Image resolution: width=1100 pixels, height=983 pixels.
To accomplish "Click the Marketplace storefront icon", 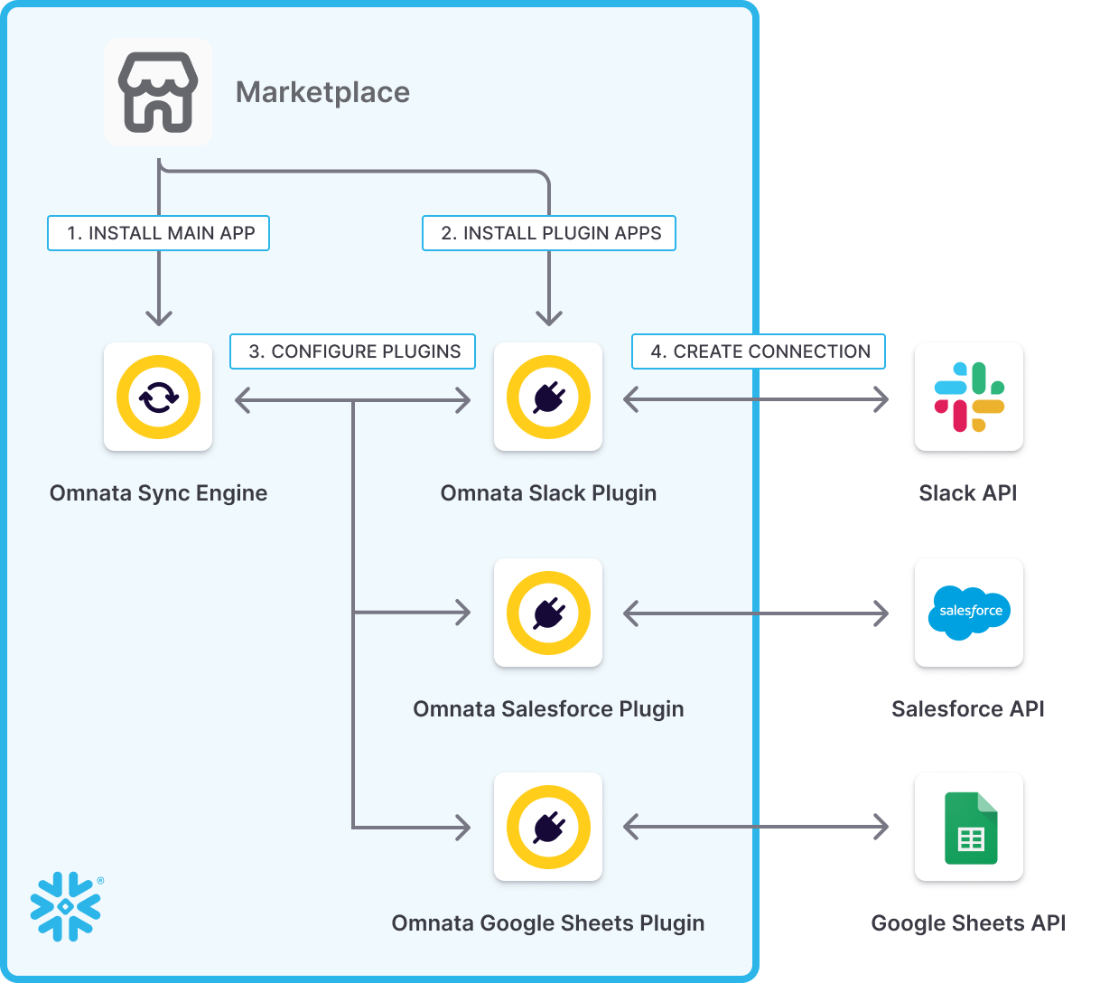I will point(158,92).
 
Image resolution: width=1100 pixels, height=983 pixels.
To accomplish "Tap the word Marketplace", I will point(322,92).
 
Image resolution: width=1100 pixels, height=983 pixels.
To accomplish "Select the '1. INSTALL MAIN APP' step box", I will point(159,233).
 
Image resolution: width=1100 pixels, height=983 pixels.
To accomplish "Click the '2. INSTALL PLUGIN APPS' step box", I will point(549,233).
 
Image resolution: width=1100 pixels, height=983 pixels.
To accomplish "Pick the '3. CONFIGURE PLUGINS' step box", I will point(353,351).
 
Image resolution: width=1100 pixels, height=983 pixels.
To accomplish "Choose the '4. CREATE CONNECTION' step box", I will point(759,351).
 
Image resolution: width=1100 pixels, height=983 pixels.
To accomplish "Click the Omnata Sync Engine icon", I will point(158,397).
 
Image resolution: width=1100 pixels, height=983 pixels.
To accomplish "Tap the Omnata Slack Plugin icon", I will point(548,397).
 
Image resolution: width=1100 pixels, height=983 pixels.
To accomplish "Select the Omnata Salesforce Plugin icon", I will point(548,613).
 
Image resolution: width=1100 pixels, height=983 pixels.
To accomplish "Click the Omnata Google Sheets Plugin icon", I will point(548,827).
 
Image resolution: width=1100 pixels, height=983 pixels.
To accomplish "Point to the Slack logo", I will point(969,397).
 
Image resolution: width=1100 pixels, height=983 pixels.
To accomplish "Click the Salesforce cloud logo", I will point(969,612).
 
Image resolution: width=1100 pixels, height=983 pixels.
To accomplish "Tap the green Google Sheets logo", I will point(971,828).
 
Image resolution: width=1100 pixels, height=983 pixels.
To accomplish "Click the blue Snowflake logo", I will point(66,906).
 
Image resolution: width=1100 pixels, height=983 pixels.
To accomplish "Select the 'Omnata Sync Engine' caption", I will point(158,493).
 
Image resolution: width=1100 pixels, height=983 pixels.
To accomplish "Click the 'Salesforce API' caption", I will point(968,709).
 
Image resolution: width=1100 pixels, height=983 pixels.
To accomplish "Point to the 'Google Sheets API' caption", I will point(968,923).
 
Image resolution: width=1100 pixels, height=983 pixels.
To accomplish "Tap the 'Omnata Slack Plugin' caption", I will point(548,493).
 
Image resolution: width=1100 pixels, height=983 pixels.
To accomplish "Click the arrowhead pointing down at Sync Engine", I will point(159,317).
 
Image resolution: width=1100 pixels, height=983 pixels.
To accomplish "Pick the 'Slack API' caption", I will point(968,493).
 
